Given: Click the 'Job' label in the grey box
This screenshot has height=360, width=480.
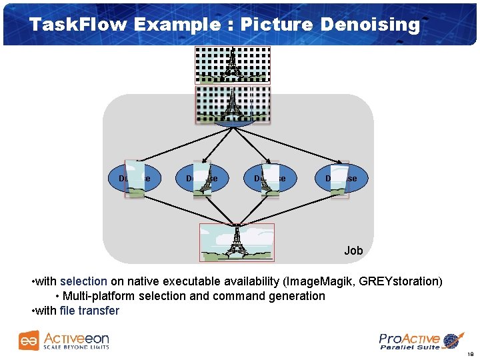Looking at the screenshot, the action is point(353,251).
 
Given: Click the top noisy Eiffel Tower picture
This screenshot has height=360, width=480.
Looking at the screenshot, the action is point(232,65).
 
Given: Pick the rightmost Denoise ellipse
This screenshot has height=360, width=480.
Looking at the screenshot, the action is point(341,179).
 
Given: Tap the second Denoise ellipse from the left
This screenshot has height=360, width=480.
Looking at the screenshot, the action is point(201,179).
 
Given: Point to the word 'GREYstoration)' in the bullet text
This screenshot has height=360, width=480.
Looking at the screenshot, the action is point(400,281).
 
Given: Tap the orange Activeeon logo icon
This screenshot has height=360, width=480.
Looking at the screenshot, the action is point(29,340).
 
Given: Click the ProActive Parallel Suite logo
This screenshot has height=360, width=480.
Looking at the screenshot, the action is point(420,341).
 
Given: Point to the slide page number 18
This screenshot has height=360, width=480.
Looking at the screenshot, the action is point(470,354).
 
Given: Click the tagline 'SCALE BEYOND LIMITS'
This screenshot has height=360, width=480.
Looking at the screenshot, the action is point(76,347).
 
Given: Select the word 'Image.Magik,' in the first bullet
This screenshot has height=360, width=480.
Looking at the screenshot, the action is point(322,281).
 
